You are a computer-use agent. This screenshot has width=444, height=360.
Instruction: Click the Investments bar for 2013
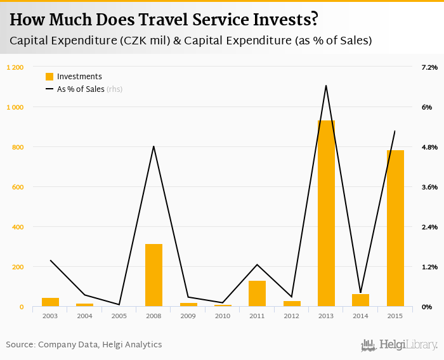[x=326, y=214]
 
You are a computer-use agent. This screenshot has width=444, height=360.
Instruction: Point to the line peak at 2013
[x=326, y=86]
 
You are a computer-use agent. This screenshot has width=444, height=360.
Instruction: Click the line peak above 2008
[x=153, y=146]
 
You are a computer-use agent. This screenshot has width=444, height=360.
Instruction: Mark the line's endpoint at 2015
[x=395, y=131]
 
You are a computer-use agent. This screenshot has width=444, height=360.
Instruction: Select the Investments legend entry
[x=74, y=77]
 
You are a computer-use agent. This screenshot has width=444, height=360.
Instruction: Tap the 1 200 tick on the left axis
[x=15, y=67]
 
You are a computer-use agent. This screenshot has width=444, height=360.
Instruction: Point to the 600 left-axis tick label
[x=17, y=187]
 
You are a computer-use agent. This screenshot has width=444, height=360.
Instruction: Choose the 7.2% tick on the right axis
[x=429, y=67]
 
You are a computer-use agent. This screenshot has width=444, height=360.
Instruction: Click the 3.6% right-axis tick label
[x=429, y=187]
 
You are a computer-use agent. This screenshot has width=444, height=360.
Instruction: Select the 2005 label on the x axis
[x=119, y=316]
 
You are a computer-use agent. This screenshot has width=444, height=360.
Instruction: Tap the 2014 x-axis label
[x=360, y=316]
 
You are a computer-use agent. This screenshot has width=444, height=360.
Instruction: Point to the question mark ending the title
[x=313, y=20]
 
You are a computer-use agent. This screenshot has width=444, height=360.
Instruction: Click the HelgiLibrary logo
[x=400, y=345]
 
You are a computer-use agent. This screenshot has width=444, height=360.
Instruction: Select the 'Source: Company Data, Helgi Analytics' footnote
[x=84, y=345]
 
